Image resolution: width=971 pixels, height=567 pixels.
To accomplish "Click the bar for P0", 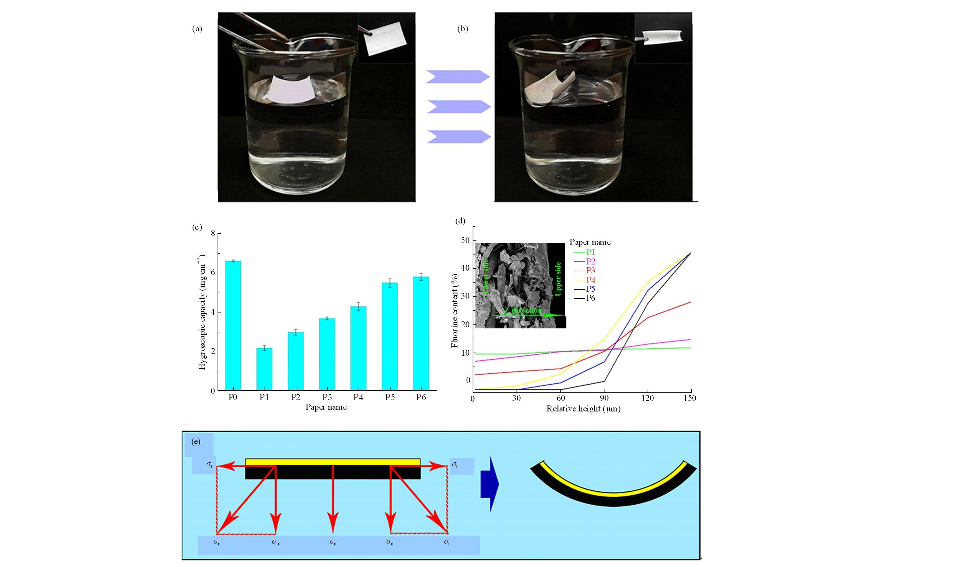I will coord(233,326).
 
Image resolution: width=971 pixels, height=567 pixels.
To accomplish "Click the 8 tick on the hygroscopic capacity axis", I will coord(213,233).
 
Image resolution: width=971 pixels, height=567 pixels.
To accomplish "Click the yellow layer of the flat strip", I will coord(333,462).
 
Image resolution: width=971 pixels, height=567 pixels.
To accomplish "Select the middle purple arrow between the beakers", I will coord(458,106).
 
